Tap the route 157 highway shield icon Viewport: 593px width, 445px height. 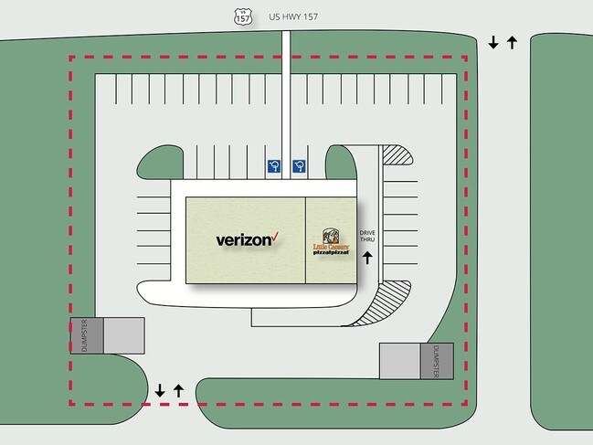pyautogui.click(x=243, y=16)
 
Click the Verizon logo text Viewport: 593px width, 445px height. pyautogui.click(x=243, y=240)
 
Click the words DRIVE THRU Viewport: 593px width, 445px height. pyautogui.click(x=367, y=237)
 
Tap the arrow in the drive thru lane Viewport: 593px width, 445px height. pyautogui.click(x=368, y=258)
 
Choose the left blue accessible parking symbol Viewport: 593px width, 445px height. pyautogui.click(x=273, y=165)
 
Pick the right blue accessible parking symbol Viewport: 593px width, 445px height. pyautogui.click(x=298, y=165)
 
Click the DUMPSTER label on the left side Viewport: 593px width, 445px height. pyautogui.click(x=85, y=334)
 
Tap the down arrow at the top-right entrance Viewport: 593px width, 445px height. pyautogui.click(x=493, y=42)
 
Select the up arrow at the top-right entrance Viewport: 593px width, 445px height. pyautogui.click(x=512, y=42)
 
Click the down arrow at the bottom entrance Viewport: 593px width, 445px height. pyautogui.click(x=160, y=390)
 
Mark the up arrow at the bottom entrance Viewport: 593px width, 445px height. pyautogui.click(x=178, y=390)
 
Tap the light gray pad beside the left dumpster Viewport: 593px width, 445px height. pyautogui.click(x=123, y=334)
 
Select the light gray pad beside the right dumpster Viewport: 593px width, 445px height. pyautogui.click(x=399, y=360)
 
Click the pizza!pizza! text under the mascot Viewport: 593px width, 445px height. pyautogui.click(x=331, y=251)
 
